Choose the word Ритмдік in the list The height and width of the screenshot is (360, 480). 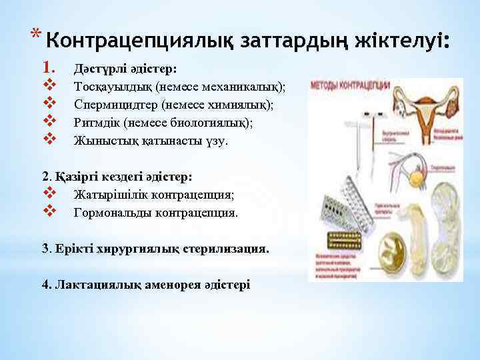pyautogui.click(x=97, y=123)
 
